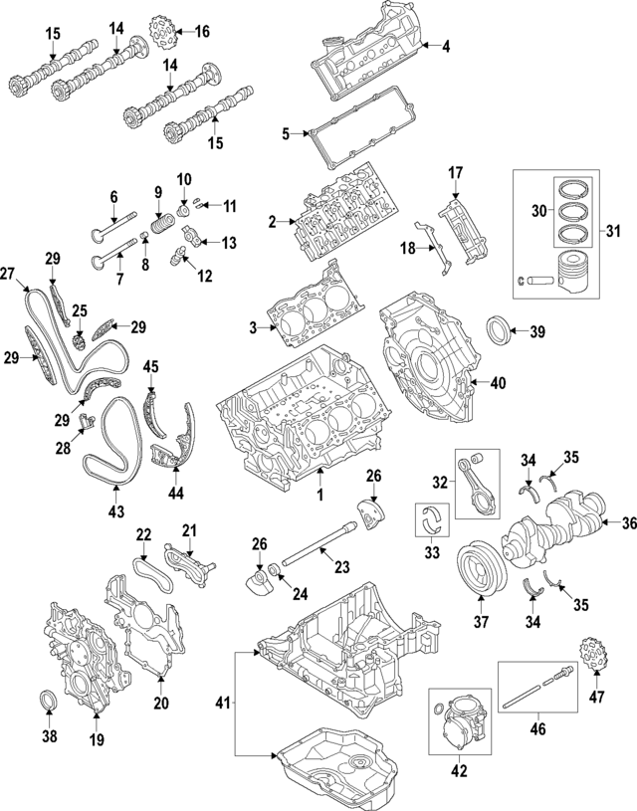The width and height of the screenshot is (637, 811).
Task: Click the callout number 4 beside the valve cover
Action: point(445,46)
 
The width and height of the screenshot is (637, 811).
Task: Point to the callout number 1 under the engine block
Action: point(320,494)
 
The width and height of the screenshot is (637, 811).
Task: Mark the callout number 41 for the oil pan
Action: point(222,703)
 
